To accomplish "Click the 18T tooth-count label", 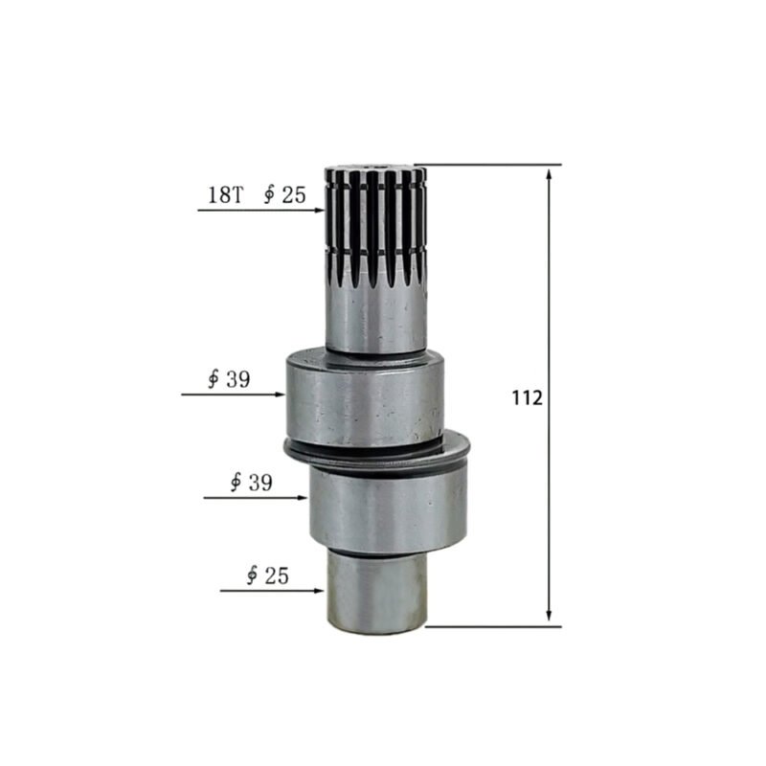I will [x=225, y=195].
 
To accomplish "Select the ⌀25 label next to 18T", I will [x=282, y=195].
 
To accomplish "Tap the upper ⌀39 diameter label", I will [x=229, y=379].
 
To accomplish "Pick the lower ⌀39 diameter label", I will [x=251, y=483].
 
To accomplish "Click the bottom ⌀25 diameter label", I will [x=267, y=575].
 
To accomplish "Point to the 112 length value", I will [x=527, y=397].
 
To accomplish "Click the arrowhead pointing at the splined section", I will [x=320, y=210].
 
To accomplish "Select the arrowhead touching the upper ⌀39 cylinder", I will [x=281, y=394].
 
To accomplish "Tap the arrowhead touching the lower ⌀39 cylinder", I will [x=304, y=498].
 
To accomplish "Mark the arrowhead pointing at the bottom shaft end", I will [x=320, y=591].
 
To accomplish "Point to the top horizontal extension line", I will [x=488, y=165].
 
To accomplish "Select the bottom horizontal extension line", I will [x=493, y=627].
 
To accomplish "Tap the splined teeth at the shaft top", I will [x=374, y=225].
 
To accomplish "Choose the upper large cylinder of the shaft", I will [x=363, y=397].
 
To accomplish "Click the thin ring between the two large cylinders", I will [x=378, y=449].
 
